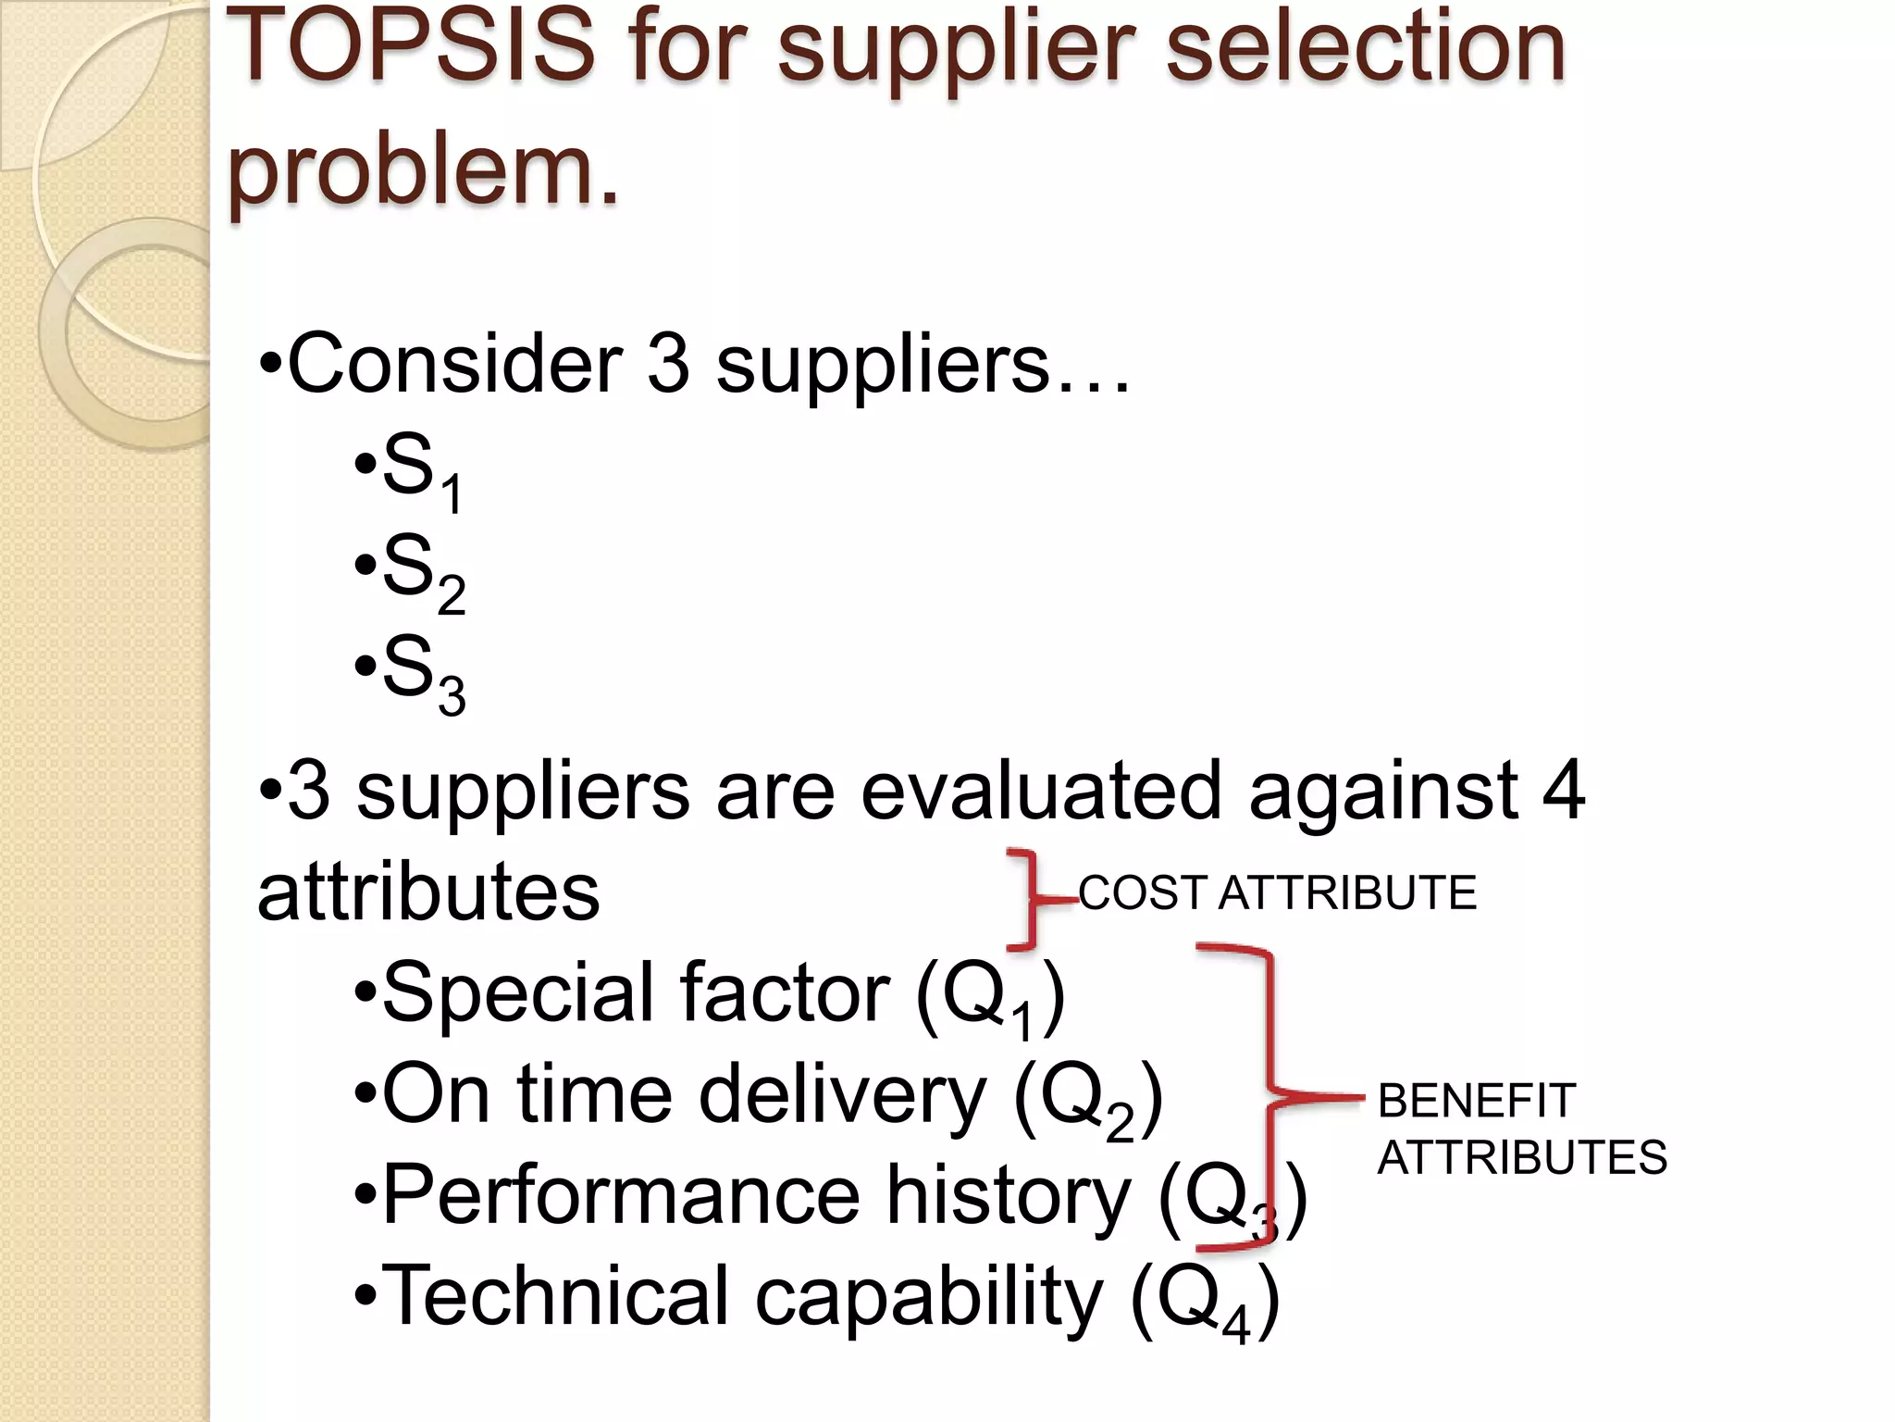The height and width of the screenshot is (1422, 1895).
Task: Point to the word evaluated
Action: [1041, 791]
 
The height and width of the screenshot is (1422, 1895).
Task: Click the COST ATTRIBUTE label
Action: [1277, 893]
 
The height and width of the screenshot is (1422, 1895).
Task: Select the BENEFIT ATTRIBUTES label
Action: [1521, 1129]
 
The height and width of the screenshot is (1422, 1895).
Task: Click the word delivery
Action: [842, 1097]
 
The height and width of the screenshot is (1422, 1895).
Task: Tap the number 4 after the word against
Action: [1564, 791]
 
